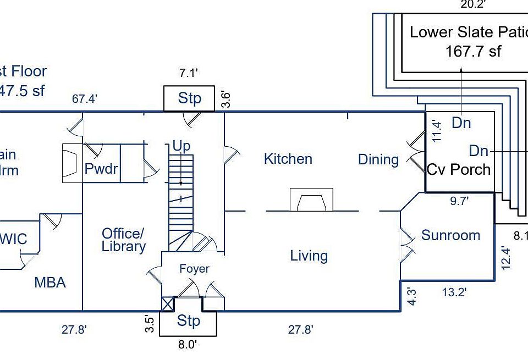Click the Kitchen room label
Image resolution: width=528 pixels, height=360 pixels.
click(x=288, y=159)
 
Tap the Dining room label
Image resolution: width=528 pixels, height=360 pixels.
click(x=378, y=160)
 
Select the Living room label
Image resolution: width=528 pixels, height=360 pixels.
click(x=309, y=256)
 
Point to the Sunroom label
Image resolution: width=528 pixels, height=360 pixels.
click(x=450, y=236)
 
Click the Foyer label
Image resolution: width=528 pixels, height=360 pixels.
click(x=194, y=269)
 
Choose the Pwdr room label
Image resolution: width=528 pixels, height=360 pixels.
click(x=101, y=169)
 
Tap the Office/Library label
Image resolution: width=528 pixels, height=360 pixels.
click(x=124, y=240)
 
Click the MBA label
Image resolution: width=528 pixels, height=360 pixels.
click(x=50, y=283)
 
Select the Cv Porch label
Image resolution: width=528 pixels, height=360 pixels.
click(x=459, y=169)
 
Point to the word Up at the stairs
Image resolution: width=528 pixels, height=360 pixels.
click(x=182, y=146)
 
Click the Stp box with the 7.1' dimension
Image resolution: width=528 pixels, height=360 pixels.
click(x=189, y=99)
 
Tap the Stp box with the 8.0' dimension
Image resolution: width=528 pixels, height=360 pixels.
click(x=188, y=321)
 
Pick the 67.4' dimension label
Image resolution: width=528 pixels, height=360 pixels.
click(x=85, y=99)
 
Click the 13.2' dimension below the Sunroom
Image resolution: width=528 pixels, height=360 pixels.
click(x=454, y=293)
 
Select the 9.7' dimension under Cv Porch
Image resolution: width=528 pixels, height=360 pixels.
click(x=459, y=201)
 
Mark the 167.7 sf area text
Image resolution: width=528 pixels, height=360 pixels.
click(x=473, y=52)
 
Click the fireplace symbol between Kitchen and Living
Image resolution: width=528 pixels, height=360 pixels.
click(x=311, y=200)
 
